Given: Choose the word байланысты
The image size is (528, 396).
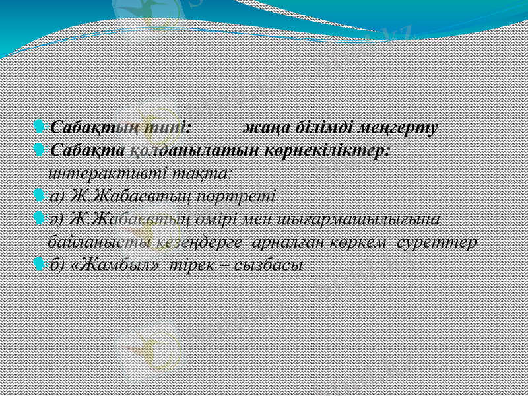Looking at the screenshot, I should [x=101, y=242].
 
